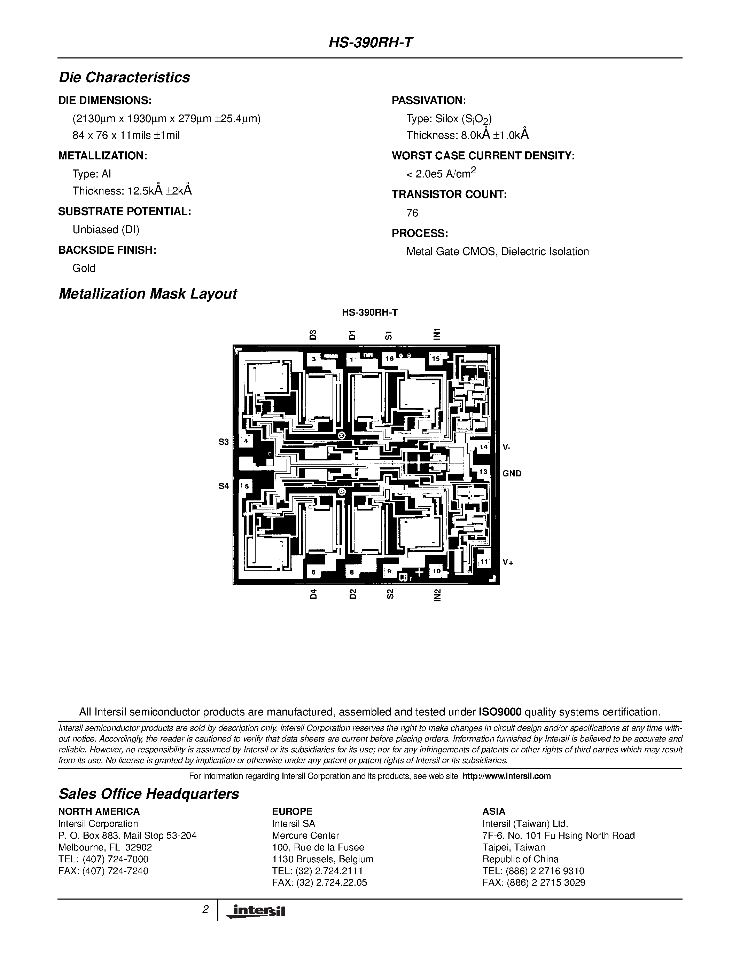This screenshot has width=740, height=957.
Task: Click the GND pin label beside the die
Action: (x=512, y=473)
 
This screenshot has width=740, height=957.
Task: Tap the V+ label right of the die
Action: (x=508, y=562)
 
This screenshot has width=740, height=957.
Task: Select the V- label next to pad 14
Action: (x=506, y=448)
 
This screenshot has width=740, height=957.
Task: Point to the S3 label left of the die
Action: (x=224, y=442)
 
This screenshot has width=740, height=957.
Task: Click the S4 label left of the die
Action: (x=224, y=485)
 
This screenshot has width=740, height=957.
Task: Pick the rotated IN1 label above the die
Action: (x=436, y=334)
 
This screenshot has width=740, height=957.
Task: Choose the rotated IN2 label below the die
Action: (x=437, y=595)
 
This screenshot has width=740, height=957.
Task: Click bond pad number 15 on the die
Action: (x=436, y=358)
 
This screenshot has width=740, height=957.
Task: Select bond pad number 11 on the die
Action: (x=484, y=561)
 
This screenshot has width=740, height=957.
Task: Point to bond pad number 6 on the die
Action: (x=313, y=572)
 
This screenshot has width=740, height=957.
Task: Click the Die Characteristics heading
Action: (x=125, y=78)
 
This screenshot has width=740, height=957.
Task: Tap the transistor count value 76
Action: (x=412, y=213)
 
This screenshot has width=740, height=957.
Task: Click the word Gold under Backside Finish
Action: (x=84, y=268)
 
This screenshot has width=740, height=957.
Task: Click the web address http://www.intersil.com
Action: (x=506, y=776)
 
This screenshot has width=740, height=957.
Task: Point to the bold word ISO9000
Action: (x=500, y=712)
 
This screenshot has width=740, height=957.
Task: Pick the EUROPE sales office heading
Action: (x=292, y=811)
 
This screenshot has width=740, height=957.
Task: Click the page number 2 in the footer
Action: (x=205, y=910)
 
